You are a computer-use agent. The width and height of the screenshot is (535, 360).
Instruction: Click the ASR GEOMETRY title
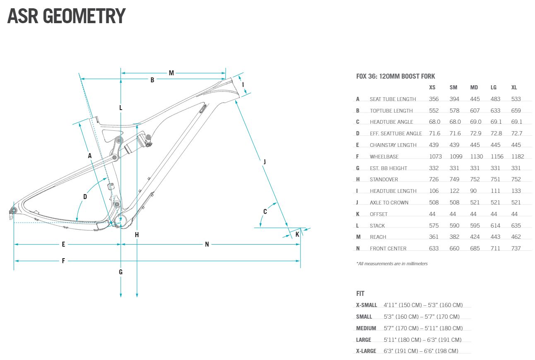[66, 16]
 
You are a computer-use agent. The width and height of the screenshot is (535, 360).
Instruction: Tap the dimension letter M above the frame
[171, 73]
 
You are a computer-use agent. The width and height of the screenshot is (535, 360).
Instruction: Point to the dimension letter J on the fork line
[264, 161]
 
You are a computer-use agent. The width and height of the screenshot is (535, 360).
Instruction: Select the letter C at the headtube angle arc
[265, 211]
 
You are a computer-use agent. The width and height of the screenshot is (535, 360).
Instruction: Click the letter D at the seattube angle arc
[85, 197]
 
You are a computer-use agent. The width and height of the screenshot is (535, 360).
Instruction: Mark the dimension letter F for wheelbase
[63, 261]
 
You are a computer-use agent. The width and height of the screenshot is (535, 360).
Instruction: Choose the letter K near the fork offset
[297, 235]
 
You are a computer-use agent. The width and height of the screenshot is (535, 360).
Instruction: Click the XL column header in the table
[514, 88]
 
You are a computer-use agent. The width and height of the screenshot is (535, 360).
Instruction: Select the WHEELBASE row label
[384, 157]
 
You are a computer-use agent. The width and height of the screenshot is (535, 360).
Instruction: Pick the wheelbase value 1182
[518, 157]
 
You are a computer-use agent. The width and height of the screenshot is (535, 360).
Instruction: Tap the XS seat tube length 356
[434, 99]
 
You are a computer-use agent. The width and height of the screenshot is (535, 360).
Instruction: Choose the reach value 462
[517, 237]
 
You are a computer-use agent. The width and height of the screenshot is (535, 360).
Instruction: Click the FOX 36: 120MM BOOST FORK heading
[395, 77]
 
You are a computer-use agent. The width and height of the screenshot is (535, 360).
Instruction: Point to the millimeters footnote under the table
[392, 264]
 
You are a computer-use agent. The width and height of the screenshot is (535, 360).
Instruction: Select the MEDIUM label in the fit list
[366, 328]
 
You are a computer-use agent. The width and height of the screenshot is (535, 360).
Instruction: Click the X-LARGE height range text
[421, 351]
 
